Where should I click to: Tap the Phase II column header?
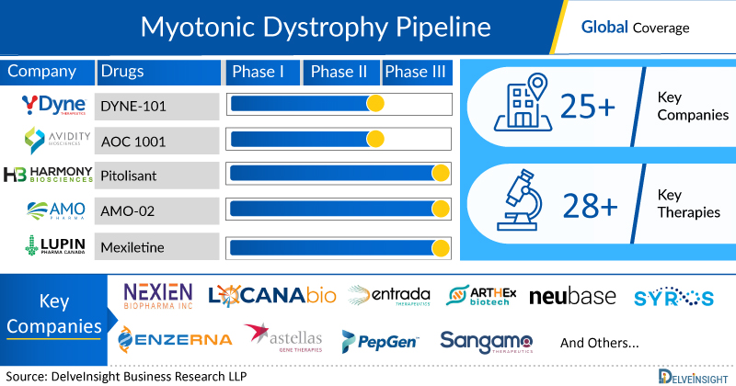coord(340,73)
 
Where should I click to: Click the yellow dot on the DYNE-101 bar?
coord(374,104)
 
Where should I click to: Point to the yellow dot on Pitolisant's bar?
coord(441,174)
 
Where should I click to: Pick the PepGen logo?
coord(380,341)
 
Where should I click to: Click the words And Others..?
coord(600,342)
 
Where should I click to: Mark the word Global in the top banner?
coord(604,28)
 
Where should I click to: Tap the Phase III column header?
coord(419,73)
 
